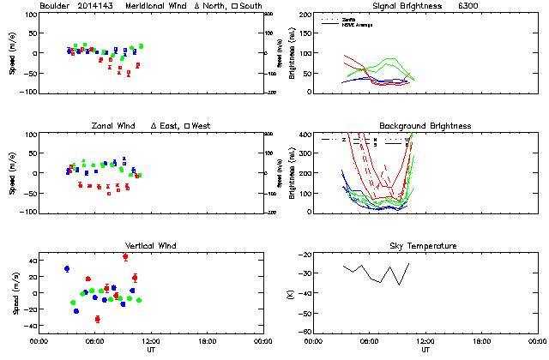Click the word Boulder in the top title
pyautogui.click(x=55, y=5)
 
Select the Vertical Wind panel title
pyautogui.click(x=153, y=246)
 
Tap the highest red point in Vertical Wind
pyautogui.click(x=125, y=256)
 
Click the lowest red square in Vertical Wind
pyautogui.click(x=97, y=319)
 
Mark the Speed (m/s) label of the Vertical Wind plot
pyautogui.click(x=14, y=293)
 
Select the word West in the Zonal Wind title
pyautogui.click(x=202, y=126)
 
